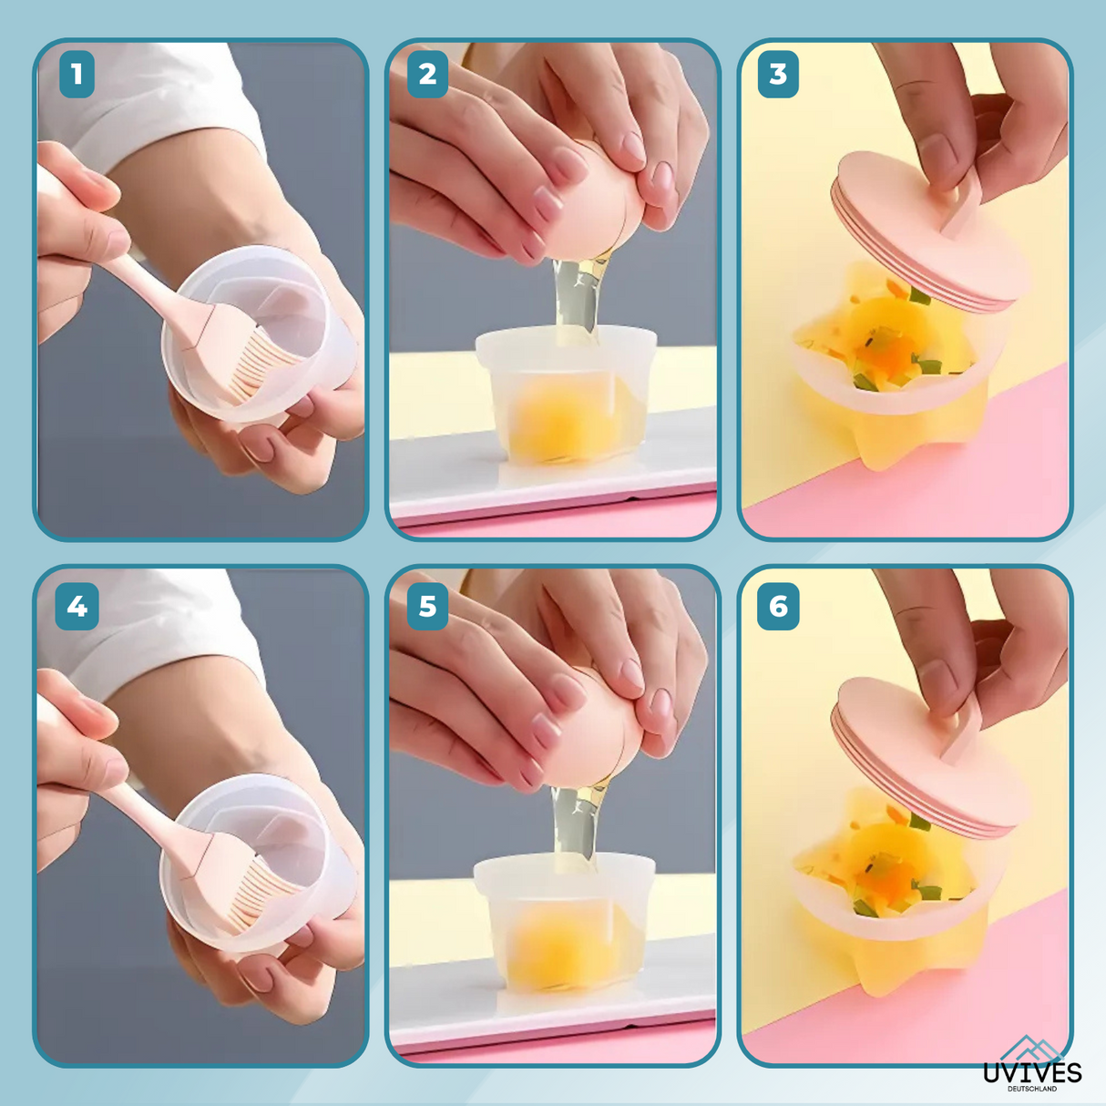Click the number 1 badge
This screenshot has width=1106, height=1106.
click(77, 74)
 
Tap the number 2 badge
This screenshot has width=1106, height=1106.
click(427, 74)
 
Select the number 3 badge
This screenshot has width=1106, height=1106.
click(778, 74)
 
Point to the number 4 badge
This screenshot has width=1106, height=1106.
click(77, 607)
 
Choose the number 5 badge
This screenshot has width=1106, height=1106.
click(427, 607)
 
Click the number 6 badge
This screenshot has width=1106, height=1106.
click(778, 607)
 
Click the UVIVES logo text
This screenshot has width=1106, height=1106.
click(1032, 1072)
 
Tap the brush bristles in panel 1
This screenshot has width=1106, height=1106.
click(261, 362)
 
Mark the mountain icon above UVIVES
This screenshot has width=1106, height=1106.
click(1032, 1049)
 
